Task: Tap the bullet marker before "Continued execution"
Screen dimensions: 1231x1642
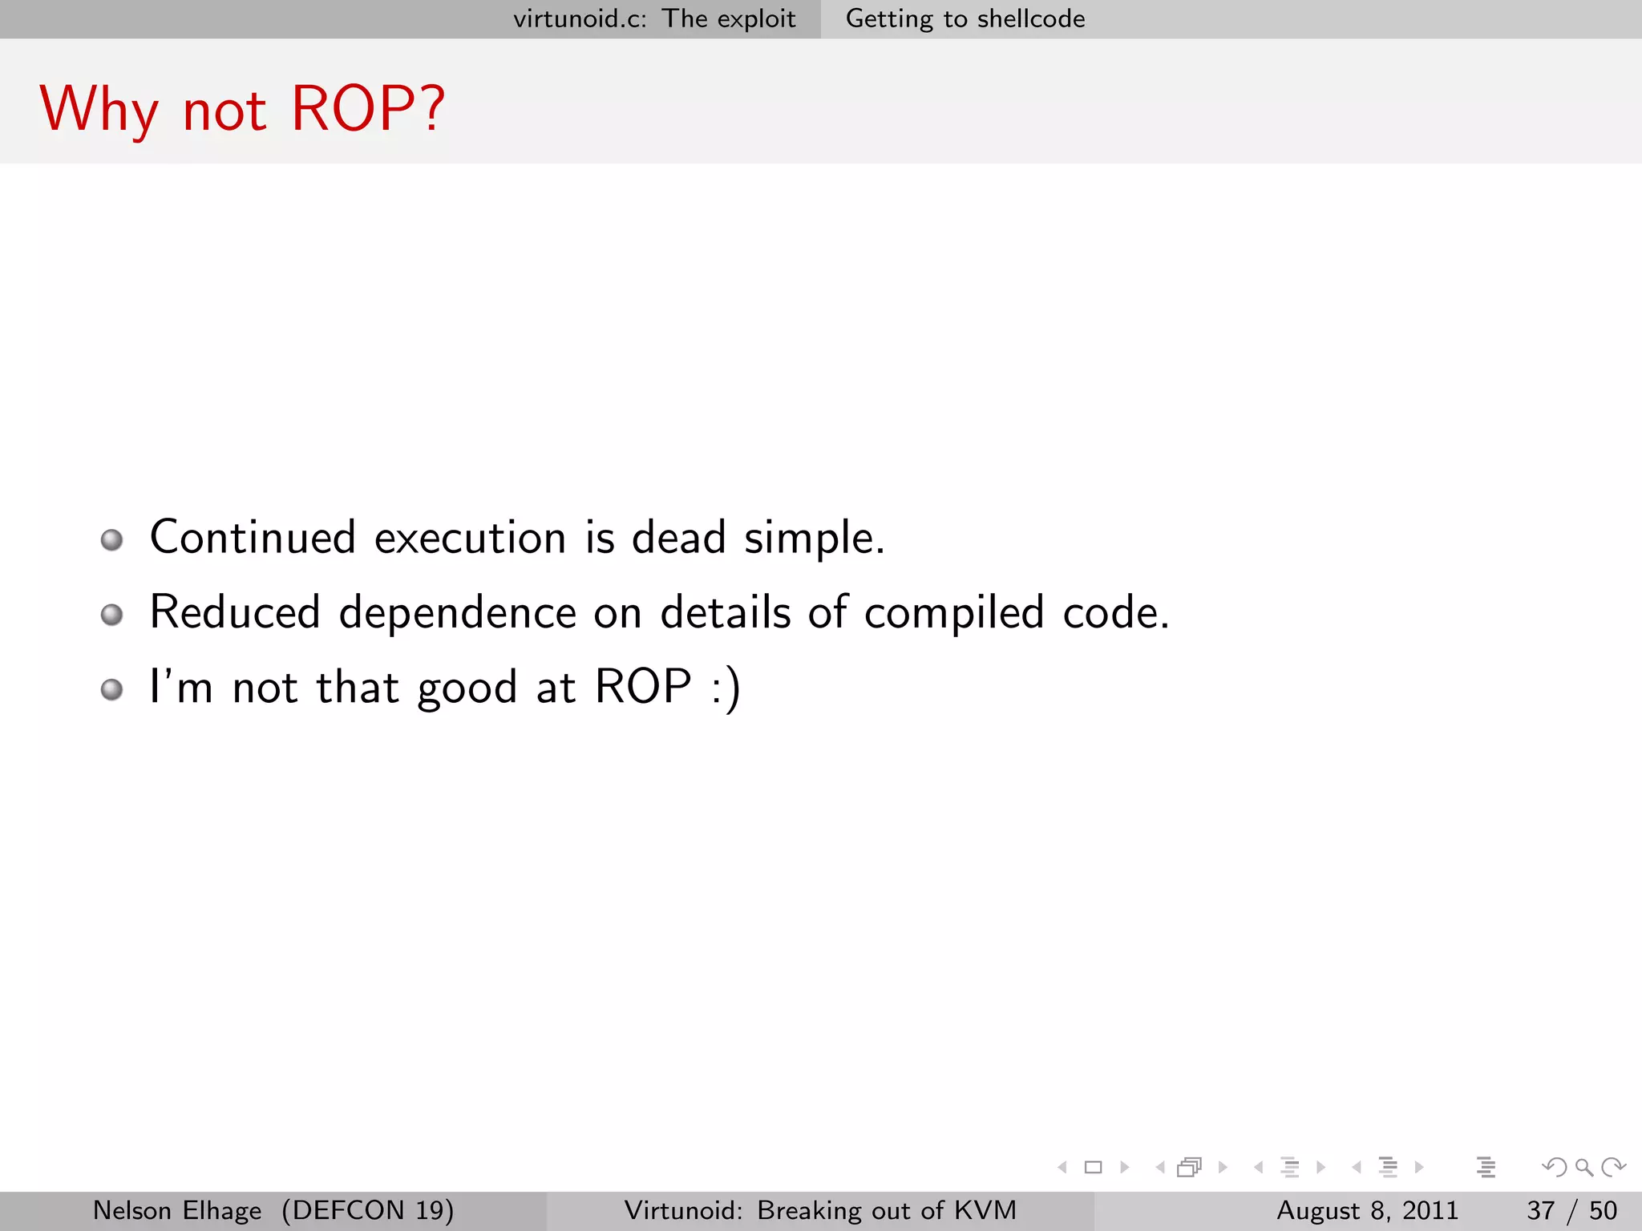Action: click(112, 539)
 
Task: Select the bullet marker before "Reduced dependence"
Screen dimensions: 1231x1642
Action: click(112, 615)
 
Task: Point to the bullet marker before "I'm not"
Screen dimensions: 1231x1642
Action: click(112, 689)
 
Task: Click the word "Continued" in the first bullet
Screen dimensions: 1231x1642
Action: click(253, 537)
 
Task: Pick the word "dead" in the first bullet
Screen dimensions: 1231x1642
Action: click(678, 537)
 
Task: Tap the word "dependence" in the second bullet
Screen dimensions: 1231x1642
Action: click(457, 613)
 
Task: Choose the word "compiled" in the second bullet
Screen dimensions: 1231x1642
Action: click(954, 613)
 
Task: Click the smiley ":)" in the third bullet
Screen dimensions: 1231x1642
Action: click(726, 688)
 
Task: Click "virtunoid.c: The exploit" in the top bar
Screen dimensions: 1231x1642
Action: click(654, 18)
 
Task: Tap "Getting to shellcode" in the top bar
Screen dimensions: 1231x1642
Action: click(965, 18)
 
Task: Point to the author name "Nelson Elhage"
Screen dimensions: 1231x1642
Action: click(177, 1210)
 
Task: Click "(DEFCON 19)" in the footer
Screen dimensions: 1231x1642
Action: click(367, 1210)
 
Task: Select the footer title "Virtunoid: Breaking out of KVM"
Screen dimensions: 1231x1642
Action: click(820, 1210)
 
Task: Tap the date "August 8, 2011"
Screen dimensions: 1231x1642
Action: click(1367, 1210)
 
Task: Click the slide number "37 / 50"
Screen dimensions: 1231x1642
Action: click(1571, 1210)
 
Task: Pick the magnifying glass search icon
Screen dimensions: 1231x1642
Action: click(1583, 1167)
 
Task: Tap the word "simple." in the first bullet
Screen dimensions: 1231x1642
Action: click(815, 539)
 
